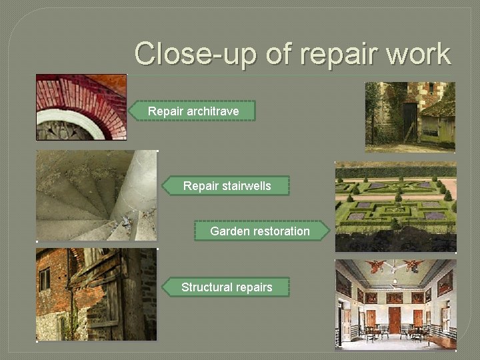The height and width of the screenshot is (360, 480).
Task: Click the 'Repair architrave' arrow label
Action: [193, 111]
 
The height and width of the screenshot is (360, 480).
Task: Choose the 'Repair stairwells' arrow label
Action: [227, 186]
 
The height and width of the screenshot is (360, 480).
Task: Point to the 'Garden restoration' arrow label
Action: [260, 231]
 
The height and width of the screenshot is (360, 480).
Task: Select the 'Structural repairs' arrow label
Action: [227, 287]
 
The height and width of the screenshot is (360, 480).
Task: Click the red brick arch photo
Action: [81, 107]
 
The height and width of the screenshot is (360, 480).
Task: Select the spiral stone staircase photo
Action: [96, 195]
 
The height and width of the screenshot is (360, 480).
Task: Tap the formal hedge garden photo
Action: [395, 206]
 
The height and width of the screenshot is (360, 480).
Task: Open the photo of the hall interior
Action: [395, 303]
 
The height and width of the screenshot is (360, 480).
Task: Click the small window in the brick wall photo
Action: [45, 279]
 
